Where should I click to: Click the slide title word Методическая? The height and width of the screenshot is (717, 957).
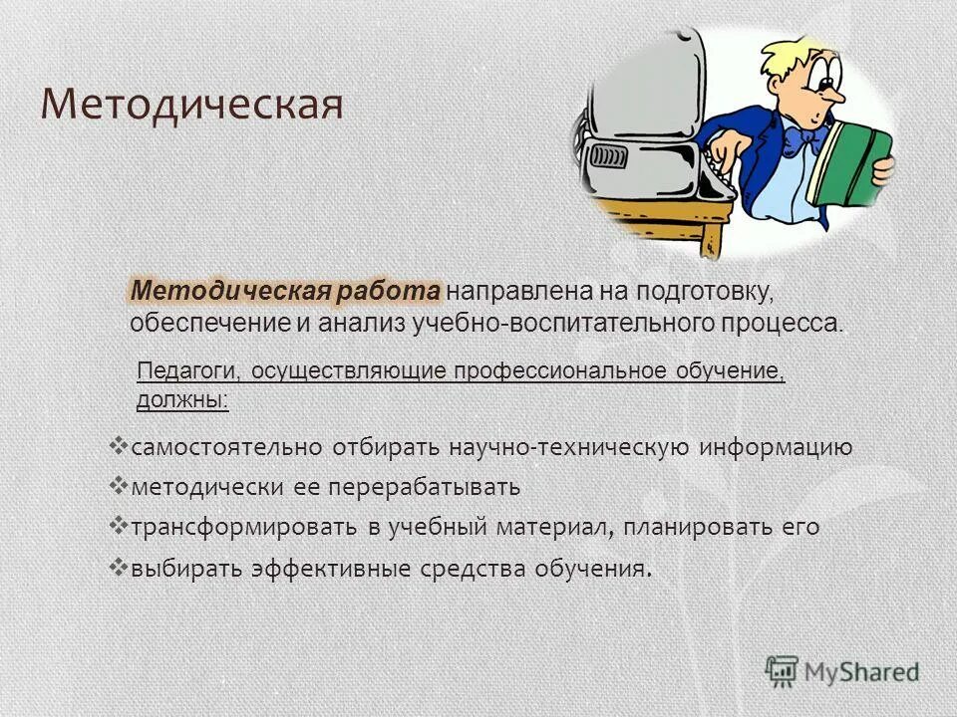[191, 105]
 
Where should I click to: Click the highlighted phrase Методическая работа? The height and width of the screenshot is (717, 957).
[285, 291]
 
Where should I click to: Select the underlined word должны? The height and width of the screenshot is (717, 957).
[181, 401]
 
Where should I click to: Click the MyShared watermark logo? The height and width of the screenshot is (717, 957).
[842, 671]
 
